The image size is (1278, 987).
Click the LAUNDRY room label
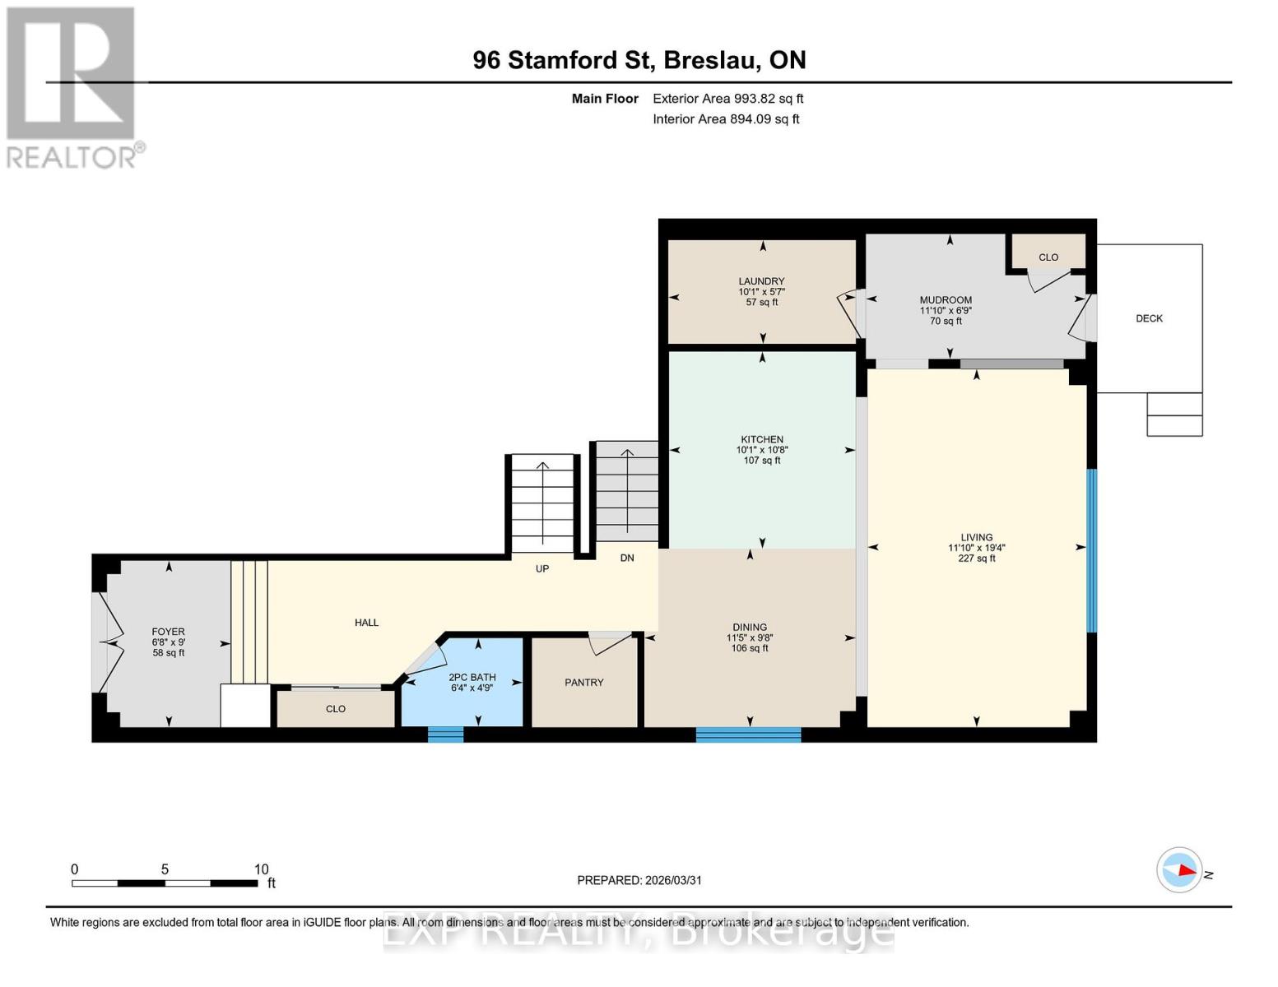761,281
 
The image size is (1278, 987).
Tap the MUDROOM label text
946,300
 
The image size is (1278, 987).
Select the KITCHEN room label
761,439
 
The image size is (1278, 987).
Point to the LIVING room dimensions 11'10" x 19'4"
977,548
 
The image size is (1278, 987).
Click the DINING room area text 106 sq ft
750,648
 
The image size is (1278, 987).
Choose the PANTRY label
584,683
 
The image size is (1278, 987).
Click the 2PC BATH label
472,678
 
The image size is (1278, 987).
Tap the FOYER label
169,632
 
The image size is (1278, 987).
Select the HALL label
366,623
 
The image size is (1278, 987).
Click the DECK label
1149,318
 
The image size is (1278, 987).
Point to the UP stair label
542,568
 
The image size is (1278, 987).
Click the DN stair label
627,558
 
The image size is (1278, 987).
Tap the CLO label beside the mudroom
1048,257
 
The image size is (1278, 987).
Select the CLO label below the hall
336,709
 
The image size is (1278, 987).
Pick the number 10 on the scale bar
261,869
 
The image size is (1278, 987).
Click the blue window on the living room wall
1092,550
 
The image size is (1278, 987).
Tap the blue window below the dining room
748,734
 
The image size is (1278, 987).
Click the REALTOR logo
72,87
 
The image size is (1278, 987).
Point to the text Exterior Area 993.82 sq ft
727,99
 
